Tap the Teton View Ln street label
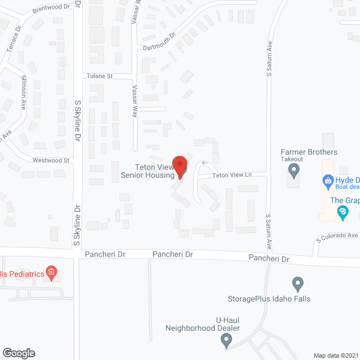pyautogui.click(x=232, y=175)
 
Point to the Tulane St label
pyautogui.click(x=100, y=75)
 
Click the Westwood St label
pyautogui.click(x=50, y=160)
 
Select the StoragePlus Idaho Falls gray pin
pyautogui.click(x=298, y=283)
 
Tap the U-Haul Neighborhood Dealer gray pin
pyautogui.click(x=226, y=339)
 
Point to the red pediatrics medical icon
pyautogui.click(x=51, y=274)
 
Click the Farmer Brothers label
pyautogui.click(x=309, y=152)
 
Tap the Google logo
pyautogui.click(x=18, y=353)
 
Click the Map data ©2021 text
pyautogui.click(x=335, y=355)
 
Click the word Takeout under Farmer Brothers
pyautogui.click(x=292, y=160)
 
